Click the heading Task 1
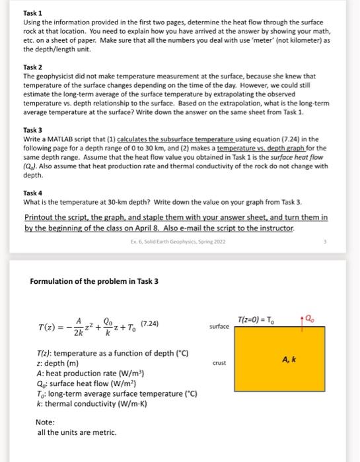coord(33,13)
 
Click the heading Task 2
coord(33,67)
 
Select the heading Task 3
coord(33,130)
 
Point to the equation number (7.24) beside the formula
coord(149,323)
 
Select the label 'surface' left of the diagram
coord(219,327)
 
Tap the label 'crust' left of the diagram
coord(219,362)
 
